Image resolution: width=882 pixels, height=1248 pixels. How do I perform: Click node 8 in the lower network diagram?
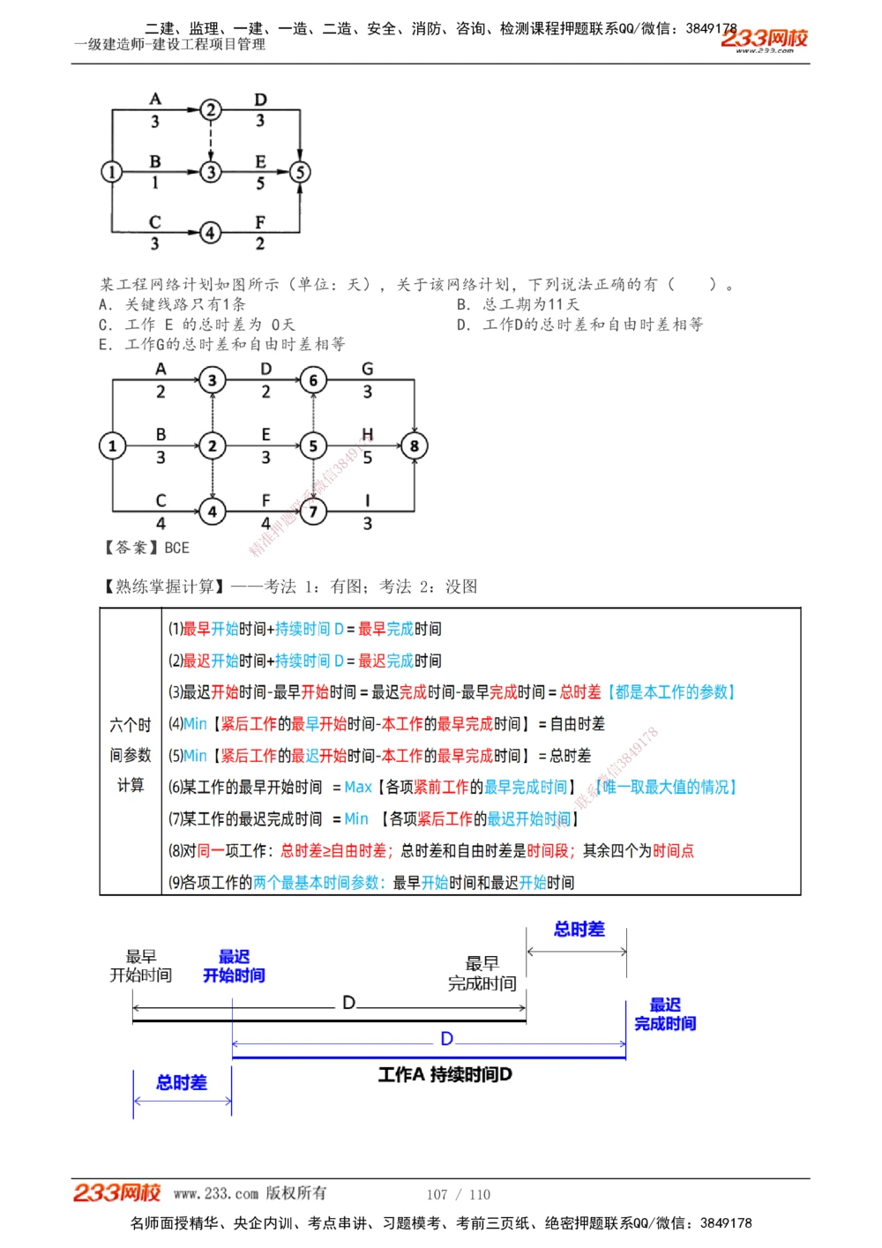[414, 446]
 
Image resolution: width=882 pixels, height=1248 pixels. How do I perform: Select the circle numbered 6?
[313, 381]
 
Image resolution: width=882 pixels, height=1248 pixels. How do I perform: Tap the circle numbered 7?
[313, 511]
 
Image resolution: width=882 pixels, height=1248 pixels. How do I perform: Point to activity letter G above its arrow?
[367, 369]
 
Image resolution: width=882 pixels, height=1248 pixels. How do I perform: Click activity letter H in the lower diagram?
[367, 434]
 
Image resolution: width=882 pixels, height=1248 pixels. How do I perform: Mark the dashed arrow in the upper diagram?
[211, 140]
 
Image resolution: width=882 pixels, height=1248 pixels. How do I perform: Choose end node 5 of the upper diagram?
[300, 172]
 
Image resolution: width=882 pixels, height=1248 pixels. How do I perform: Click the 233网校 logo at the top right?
[764, 39]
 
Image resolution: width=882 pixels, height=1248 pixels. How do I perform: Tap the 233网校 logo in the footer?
[116, 1193]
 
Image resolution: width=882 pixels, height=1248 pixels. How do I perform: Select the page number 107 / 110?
[459, 1194]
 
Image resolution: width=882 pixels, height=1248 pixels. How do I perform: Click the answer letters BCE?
[176, 548]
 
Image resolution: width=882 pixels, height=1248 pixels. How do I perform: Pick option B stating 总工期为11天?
[518, 304]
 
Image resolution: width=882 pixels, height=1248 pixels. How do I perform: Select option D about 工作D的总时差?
[579, 325]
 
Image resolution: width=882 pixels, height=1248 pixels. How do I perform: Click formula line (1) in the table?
[305, 629]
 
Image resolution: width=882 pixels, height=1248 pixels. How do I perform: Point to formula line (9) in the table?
[370, 882]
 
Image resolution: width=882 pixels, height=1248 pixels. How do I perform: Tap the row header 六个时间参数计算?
[131, 755]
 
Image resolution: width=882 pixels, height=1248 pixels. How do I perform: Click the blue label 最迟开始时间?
[234, 966]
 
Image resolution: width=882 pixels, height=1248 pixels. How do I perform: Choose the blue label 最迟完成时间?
[665, 1014]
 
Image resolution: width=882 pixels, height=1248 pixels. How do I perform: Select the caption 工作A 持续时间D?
[445, 1074]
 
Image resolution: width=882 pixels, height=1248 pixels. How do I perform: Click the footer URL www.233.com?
[216, 1194]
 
